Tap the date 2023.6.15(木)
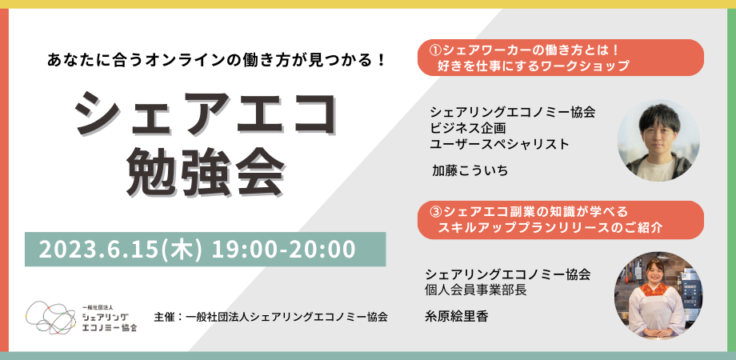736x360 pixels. click(x=121, y=250)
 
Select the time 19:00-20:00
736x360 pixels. click(x=283, y=250)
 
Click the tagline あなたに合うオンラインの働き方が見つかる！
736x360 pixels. click(x=216, y=61)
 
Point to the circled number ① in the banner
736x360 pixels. click(x=436, y=50)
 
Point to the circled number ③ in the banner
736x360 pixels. click(x=436, y=211)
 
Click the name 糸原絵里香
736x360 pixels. click(x=456, y=317)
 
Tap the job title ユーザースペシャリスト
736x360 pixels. click(x=499, y=145)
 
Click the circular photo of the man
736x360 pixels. click(x=658, y=140)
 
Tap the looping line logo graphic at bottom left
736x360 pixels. click(x=50, y=317)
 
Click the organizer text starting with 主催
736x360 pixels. click(x=271, y=316)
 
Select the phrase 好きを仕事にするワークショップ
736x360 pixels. click(x=533, y=66)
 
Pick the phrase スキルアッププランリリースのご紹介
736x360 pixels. click(x=550, y=228)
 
